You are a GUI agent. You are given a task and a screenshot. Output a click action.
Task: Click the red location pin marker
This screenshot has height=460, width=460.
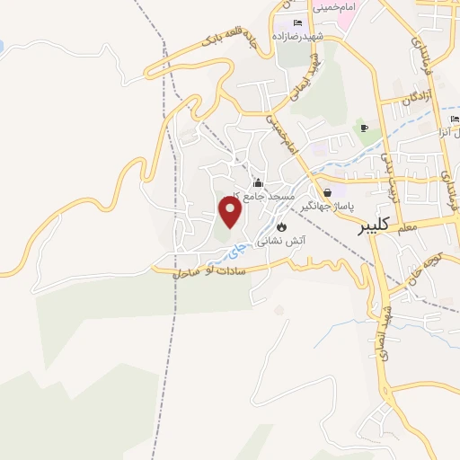coord(230,212)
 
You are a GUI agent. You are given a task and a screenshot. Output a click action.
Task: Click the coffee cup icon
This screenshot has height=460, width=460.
coord(364,128)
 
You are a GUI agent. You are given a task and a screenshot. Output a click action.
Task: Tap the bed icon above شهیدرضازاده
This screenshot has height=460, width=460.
coord(298,22)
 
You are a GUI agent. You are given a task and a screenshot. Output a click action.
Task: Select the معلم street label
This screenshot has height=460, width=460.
coord(407,230)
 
